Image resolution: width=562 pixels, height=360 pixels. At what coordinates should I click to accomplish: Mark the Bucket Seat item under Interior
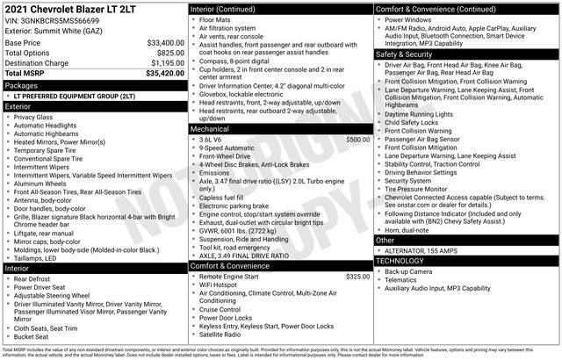click(32, 335)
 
